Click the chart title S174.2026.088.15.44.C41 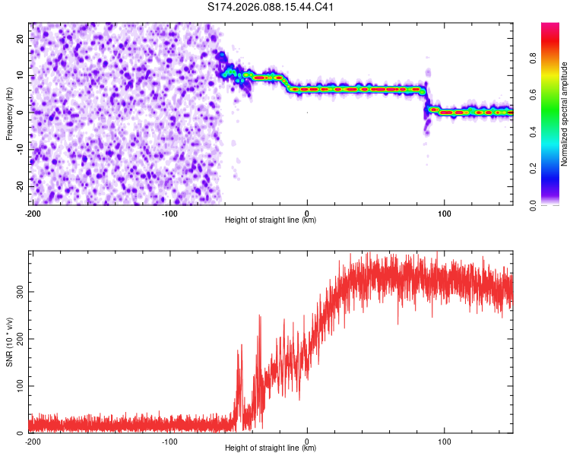pos(271,7)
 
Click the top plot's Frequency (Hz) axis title pos(9,112)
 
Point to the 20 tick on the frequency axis pos(21,37)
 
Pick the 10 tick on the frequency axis pos(21,74)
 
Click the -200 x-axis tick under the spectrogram pos(33,213)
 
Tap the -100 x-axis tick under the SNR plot pos(169,441)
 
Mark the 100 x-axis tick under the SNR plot pos(445,441)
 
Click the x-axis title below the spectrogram pos(271,220)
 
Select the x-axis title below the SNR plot pos(271,448)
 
